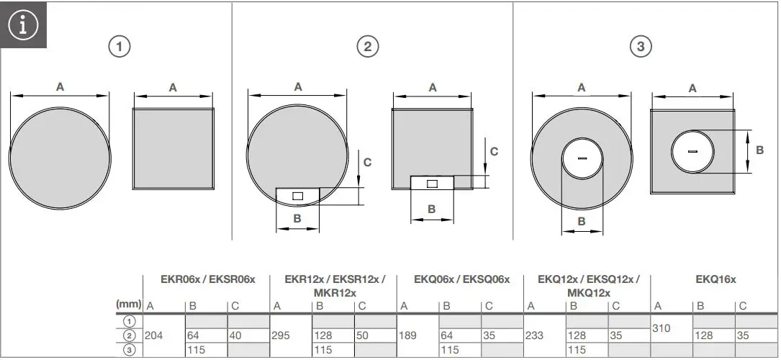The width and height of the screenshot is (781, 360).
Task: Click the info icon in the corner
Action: (x=23, y=24)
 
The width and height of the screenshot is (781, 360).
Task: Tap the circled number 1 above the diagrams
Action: (x=119, y=47)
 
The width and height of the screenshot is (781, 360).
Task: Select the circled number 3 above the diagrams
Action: (x=640, y=47)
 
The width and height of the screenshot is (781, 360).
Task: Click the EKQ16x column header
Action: (x=715, y=279)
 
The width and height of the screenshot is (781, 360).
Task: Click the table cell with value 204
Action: (x=154, y=336)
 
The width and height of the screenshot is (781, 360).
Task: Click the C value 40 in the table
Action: (x=236, y=336)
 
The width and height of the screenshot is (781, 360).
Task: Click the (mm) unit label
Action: (x=128, y=305)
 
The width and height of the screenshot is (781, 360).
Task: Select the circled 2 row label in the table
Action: (x=129, y=336)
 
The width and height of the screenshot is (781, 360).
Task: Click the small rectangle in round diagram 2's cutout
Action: (x=299, y=196)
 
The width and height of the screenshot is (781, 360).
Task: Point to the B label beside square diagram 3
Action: (x=759, y=150)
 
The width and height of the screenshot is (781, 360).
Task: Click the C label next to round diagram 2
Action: (x=367, y=163)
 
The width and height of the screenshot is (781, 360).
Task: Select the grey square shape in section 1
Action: (x=173, y=149)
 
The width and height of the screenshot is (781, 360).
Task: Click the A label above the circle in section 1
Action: (x=60, y=86)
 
